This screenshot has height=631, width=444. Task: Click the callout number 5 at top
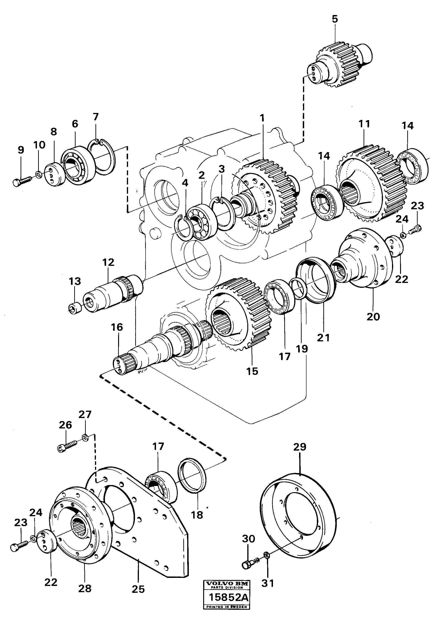pos(334,19)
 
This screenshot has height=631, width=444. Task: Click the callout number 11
pos(364,124)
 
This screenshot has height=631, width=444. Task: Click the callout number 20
pos(373,317)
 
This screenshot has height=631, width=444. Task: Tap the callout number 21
pos(323,337)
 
